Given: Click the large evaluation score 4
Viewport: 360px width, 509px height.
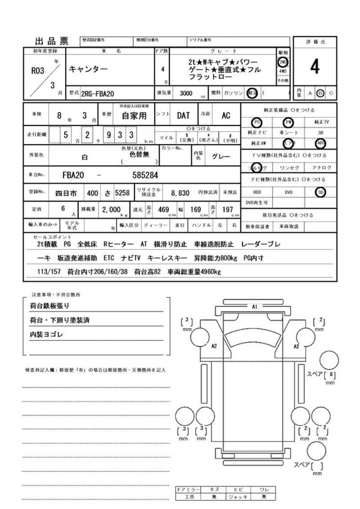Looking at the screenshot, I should point(314,67).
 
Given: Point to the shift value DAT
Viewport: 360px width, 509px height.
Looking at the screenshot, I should point(183,115).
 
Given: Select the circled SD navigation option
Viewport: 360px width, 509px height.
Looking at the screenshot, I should point(320,192).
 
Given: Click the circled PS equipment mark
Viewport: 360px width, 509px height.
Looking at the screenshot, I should point(257,122).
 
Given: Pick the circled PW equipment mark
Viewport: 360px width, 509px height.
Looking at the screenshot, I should point(289,122).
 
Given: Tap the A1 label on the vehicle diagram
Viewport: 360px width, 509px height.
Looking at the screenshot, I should point(254,307).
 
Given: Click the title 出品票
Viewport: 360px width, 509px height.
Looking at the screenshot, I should point(52,40).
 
